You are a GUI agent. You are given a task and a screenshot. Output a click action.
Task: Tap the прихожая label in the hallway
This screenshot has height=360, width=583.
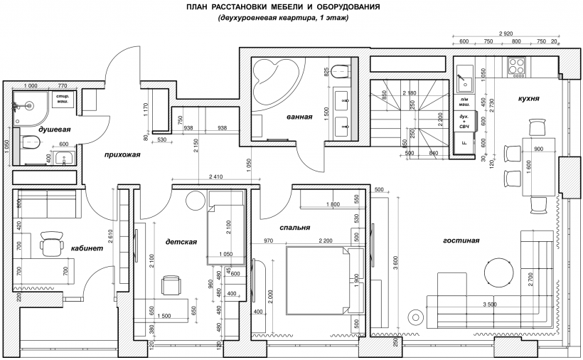tap(122, 154)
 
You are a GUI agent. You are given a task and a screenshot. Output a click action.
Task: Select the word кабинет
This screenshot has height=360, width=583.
tap(87, 248)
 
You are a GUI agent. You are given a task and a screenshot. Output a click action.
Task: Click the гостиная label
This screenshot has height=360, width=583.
tap(461, 240)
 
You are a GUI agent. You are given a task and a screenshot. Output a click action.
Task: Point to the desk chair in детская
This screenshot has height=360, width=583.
tap(171, 285)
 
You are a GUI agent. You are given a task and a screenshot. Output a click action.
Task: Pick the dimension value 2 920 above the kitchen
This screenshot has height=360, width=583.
tap(506, 33)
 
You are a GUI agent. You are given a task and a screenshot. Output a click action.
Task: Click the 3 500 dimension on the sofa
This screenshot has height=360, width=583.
tap(490, 305)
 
